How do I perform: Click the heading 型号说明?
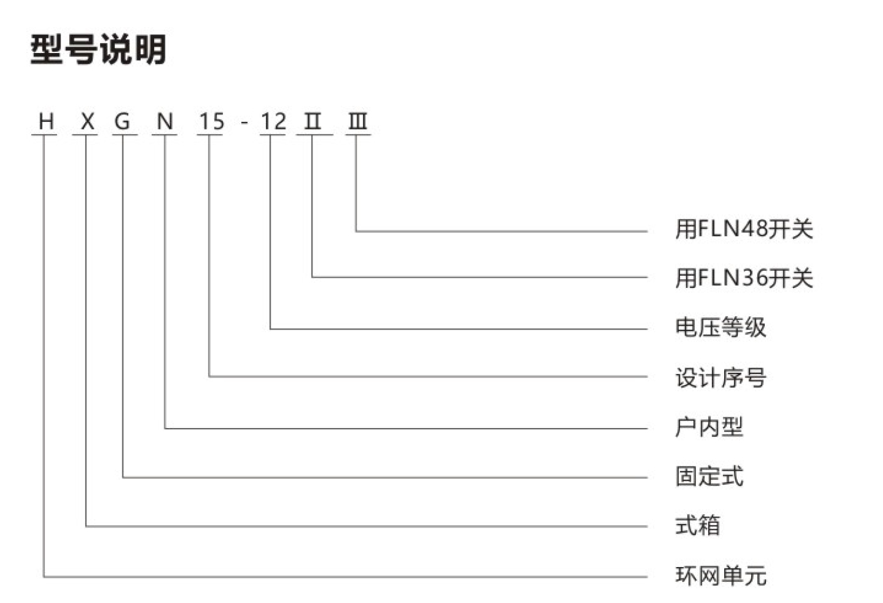click(98, 49)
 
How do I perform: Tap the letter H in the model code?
click(46, 121)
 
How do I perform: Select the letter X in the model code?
click(88, 121)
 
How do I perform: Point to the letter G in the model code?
click(122, 121)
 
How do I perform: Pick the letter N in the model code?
click(165, 121)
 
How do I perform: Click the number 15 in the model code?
click(212, 121)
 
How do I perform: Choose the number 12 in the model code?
click(273, 121)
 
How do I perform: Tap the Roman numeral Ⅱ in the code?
click(312, 121)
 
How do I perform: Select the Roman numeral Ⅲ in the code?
click(358, 121)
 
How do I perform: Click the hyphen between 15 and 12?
click(244, 122)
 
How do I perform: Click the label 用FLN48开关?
click(744, 229)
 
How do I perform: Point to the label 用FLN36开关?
click(744, 278)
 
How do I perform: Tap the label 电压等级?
click(721, 327)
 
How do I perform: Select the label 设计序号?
click(721, 377)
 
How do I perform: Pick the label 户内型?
click(709, 427)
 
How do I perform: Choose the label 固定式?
click(709, 476)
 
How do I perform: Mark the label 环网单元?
click(721, 575)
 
